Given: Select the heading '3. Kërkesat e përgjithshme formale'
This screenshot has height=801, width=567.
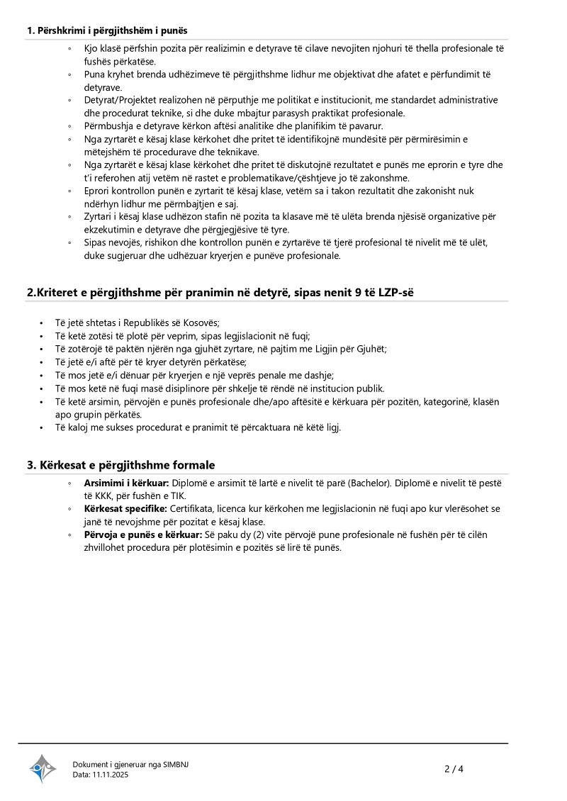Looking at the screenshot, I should pos(120,465).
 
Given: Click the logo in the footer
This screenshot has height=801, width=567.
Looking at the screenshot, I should pos(43,768).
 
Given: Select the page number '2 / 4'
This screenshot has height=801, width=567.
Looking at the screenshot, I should pos(454,769).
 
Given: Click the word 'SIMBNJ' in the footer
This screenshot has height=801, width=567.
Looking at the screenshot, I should pos(176,764).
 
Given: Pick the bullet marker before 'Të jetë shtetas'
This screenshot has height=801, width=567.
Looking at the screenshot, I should pos(43,323).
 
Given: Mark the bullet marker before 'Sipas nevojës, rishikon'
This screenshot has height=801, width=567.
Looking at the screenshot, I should pos(69,242).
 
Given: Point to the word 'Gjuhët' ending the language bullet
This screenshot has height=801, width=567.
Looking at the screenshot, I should pos(371,349).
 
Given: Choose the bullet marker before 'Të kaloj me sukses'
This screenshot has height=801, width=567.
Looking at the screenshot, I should pos(43,427).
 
